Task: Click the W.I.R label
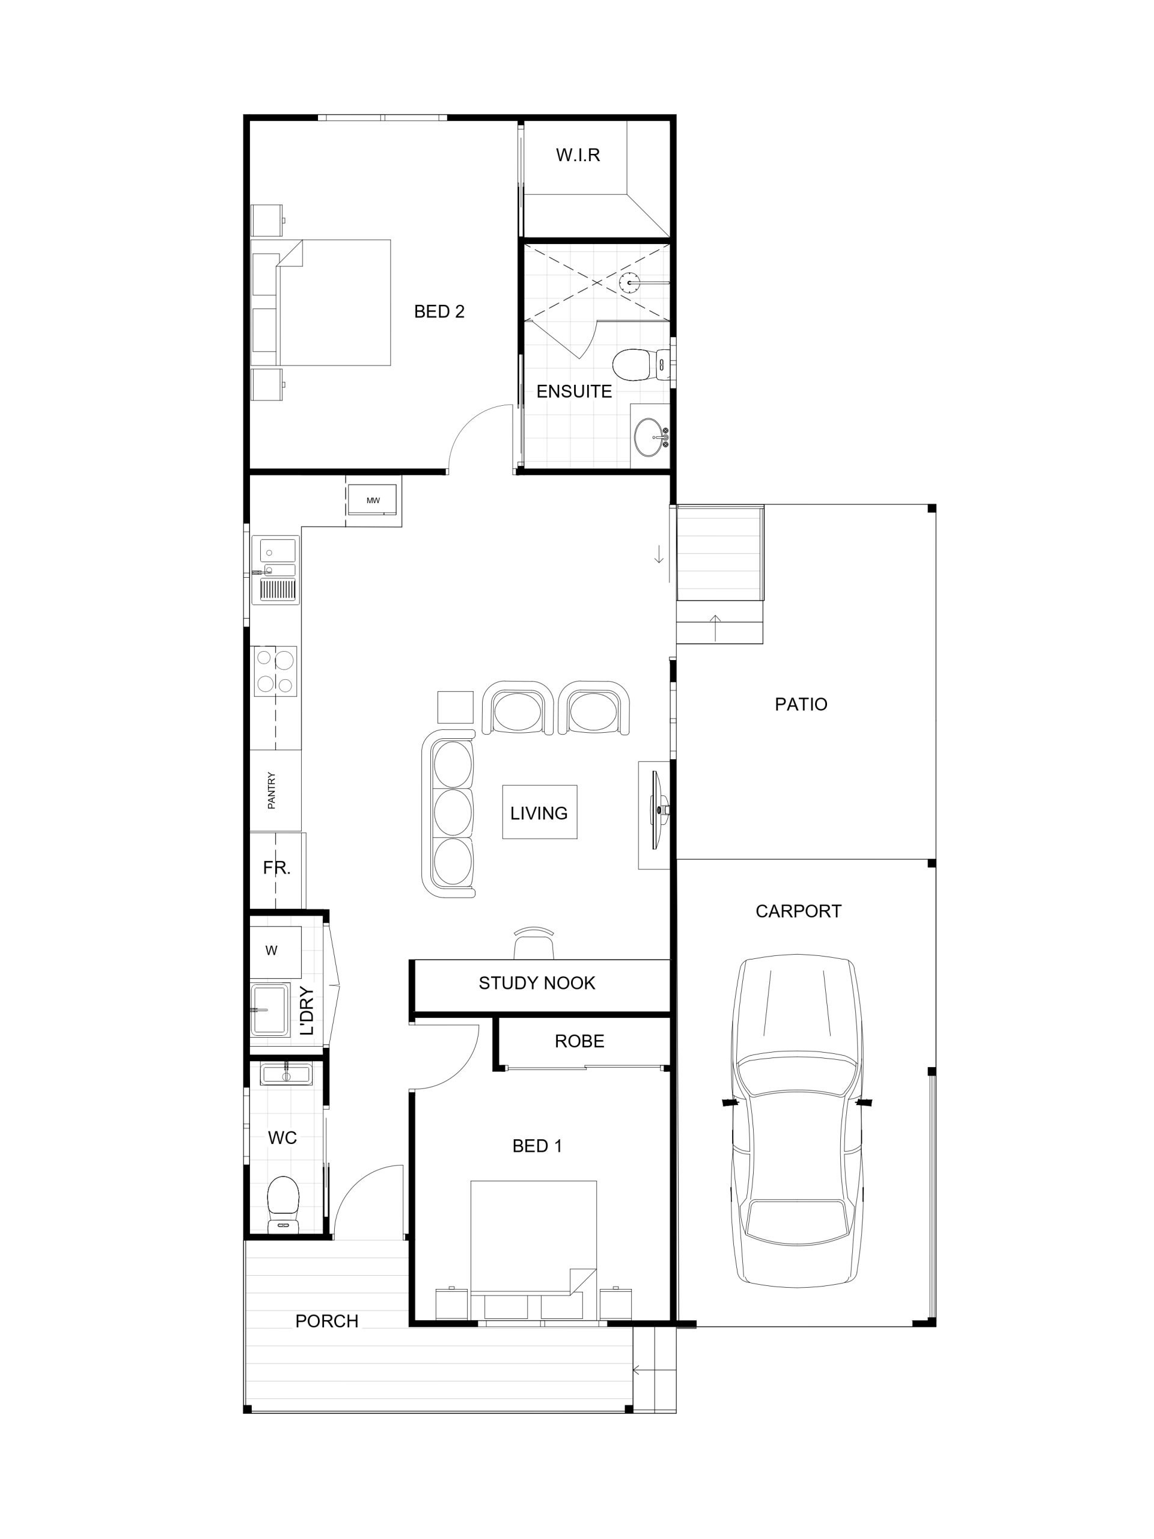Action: pos(578,155)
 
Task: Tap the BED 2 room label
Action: pos(439,311)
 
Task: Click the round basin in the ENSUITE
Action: pos(649,436)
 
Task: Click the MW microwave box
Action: pos(373,500)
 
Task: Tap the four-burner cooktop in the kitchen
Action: pos(275,671)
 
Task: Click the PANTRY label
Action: pos(271,791)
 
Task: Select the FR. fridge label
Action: pos(276,867)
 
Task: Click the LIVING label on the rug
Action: pos(539,813)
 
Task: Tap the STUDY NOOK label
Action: pos(537,983)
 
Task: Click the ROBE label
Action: pos(579,1041)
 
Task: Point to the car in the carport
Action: pos(797,1120)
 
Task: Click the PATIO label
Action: pos(801,704)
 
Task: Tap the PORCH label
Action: pos(326,1321)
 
